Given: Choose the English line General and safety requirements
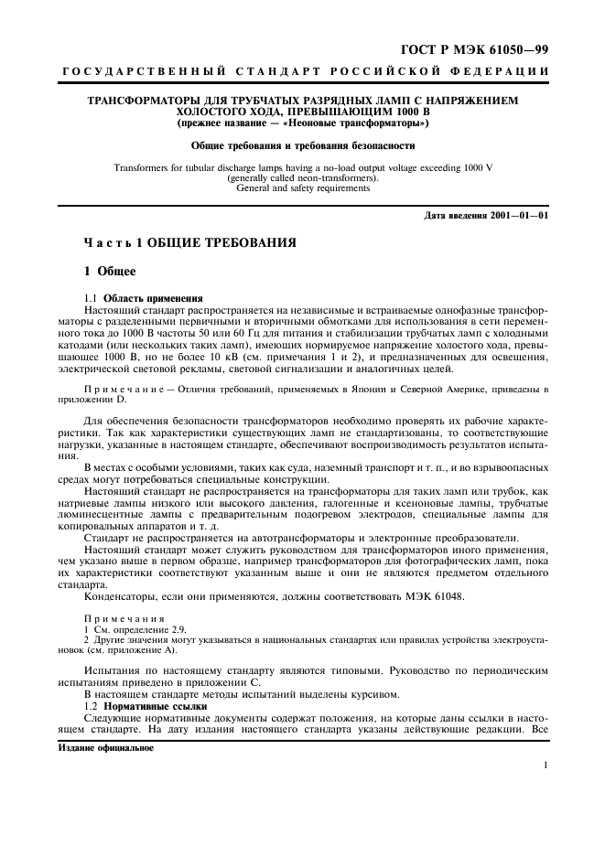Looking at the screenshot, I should [302, 188].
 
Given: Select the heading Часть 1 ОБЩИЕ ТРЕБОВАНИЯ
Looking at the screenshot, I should [189, 244].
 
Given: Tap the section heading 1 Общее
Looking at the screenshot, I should [110, 272].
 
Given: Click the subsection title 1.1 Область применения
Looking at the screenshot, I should [143, 298].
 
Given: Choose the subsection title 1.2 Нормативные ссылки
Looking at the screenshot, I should [150, 709].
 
